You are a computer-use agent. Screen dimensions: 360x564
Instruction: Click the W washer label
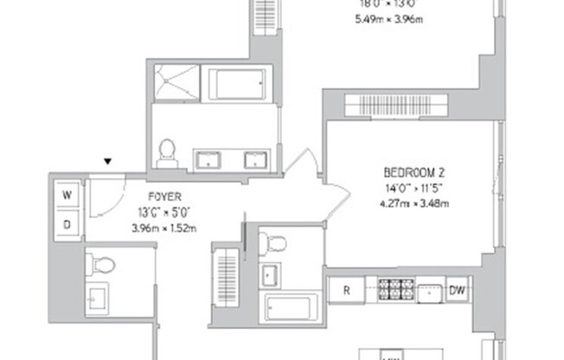point(67,196)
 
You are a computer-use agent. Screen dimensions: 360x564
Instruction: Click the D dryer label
point(67,224)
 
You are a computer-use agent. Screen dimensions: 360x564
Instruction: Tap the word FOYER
point(163,196)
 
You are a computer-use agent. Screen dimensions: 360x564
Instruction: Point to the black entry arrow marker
point(108,161)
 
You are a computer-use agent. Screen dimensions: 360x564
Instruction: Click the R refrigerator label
point(346,291)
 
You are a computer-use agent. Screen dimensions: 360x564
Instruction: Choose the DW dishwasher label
point(457,291)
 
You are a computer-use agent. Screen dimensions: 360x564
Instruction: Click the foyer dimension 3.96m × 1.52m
point(163,228)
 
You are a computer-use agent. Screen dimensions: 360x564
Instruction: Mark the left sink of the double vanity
point(209,159)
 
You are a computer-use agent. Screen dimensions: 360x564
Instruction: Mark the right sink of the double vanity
point(255,159)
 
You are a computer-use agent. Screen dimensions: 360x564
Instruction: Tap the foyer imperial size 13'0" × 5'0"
point(163,212)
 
